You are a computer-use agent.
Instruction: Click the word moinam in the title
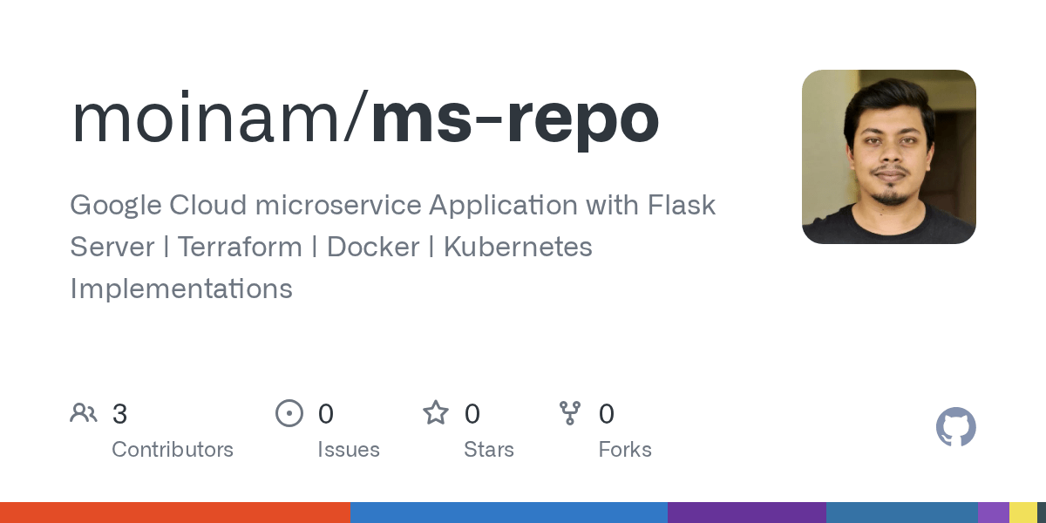pos(207,119)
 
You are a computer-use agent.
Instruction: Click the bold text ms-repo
pos(514,119)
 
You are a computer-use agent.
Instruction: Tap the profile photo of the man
pos(888,157)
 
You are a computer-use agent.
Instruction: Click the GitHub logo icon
pos(955,427)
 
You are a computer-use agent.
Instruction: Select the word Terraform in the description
pos(240,247)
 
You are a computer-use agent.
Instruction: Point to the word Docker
pos(371,247)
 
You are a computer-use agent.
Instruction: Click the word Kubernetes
pos(518,247)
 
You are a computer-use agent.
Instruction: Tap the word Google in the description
pos(116,206)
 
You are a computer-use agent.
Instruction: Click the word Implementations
pos(181,289)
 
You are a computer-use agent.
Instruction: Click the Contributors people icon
pos(84,413)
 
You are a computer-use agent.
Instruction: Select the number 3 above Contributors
pos(120,414)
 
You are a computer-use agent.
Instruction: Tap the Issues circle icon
pos(289,413)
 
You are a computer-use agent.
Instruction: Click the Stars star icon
pos(436,413)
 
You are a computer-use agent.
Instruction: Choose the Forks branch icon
pos(570,413)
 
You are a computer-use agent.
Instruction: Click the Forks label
pos(625,450)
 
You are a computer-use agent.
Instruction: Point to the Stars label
pos(489,450)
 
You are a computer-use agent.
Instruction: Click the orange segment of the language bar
pos(174,513)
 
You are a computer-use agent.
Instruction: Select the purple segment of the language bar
pos(746,513)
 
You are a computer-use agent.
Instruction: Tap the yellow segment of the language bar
pos(1022,513)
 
